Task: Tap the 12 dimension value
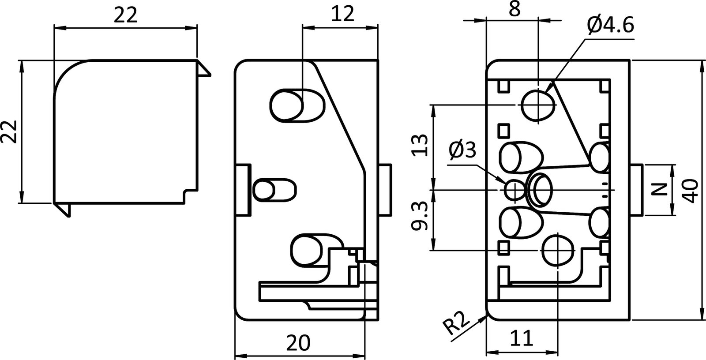click(342, 15)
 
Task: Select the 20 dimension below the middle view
click(298, 342)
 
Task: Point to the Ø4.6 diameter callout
click(610, 26)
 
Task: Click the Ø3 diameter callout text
click(462, 151)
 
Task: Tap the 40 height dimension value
click(691, 191)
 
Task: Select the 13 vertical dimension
click(421, 146)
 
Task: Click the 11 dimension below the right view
click(522, 339)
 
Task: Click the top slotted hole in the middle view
click(297, 105)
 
